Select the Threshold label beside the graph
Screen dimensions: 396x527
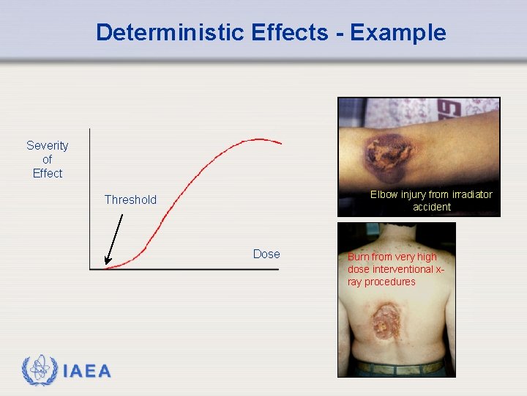(130, 199)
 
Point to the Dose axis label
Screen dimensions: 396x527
(266, 254)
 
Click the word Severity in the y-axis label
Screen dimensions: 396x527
(48, 145)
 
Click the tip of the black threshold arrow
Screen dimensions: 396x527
(105, 263)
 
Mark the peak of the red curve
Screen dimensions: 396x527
(258, 139)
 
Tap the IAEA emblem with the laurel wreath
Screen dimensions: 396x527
(39, 370)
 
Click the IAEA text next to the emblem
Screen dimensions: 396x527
(87, 372)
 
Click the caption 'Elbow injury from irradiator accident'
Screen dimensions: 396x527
(431, 200)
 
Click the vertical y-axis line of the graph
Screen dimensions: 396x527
(89, 198)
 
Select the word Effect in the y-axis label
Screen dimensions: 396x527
(48, 173)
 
